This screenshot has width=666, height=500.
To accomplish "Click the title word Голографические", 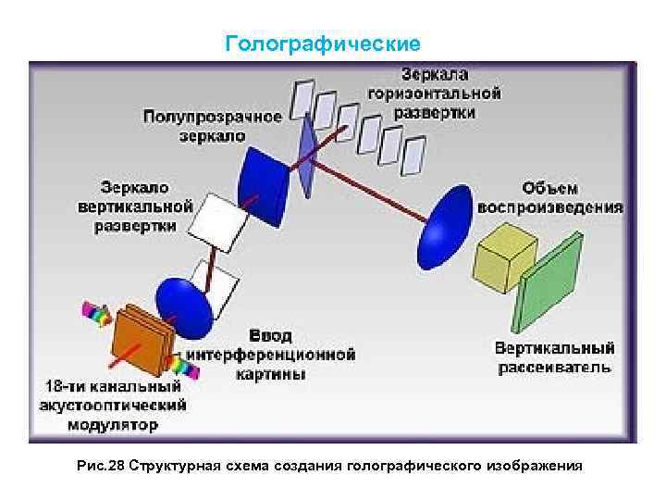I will coord(323,44).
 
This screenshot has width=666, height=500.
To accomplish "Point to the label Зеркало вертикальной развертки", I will coord(135,206).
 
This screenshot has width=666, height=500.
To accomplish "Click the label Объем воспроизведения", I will coord(549,196).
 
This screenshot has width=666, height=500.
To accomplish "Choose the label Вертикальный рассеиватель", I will coord(553,357).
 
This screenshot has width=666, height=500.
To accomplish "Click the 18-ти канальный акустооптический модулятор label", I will coord(112,405).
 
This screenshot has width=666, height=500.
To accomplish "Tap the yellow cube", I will coord(503,256).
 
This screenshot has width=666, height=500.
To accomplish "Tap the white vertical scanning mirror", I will coord(219,219).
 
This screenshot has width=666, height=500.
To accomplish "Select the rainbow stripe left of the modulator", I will coord(96,314).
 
